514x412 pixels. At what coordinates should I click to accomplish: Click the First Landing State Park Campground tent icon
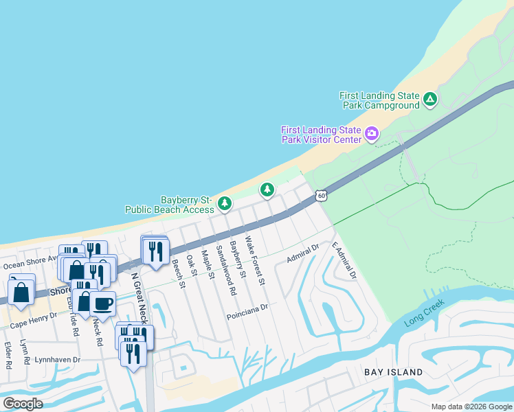coord(430,100)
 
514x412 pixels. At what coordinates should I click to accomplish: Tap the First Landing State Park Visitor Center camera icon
coord(372,133)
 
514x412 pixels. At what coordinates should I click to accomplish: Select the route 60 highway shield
coord(321,196)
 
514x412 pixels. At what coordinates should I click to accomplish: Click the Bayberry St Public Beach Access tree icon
coord(224,203)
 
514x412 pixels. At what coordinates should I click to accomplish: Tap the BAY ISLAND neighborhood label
coord(393,372)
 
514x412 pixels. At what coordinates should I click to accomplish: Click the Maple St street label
coord(208,266)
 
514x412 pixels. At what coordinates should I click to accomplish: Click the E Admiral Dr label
coord(345,260)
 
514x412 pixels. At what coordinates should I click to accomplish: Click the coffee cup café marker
coord(103,303)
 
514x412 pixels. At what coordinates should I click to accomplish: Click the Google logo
coord(23,404)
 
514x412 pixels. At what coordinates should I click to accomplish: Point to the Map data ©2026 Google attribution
coord(471,407)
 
